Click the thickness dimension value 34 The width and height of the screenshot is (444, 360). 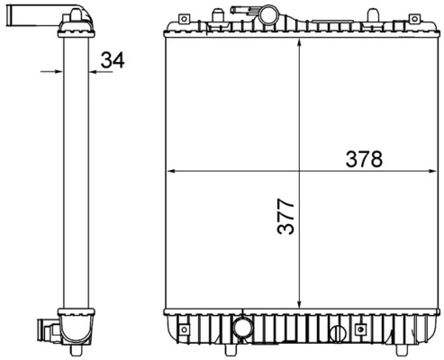coord(112,60)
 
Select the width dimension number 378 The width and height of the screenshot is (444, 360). coord(364,159)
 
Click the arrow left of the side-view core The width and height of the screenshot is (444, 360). coord(50,70)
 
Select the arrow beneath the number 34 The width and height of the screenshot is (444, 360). coord(102,70)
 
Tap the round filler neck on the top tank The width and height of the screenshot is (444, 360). coord(267,18)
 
